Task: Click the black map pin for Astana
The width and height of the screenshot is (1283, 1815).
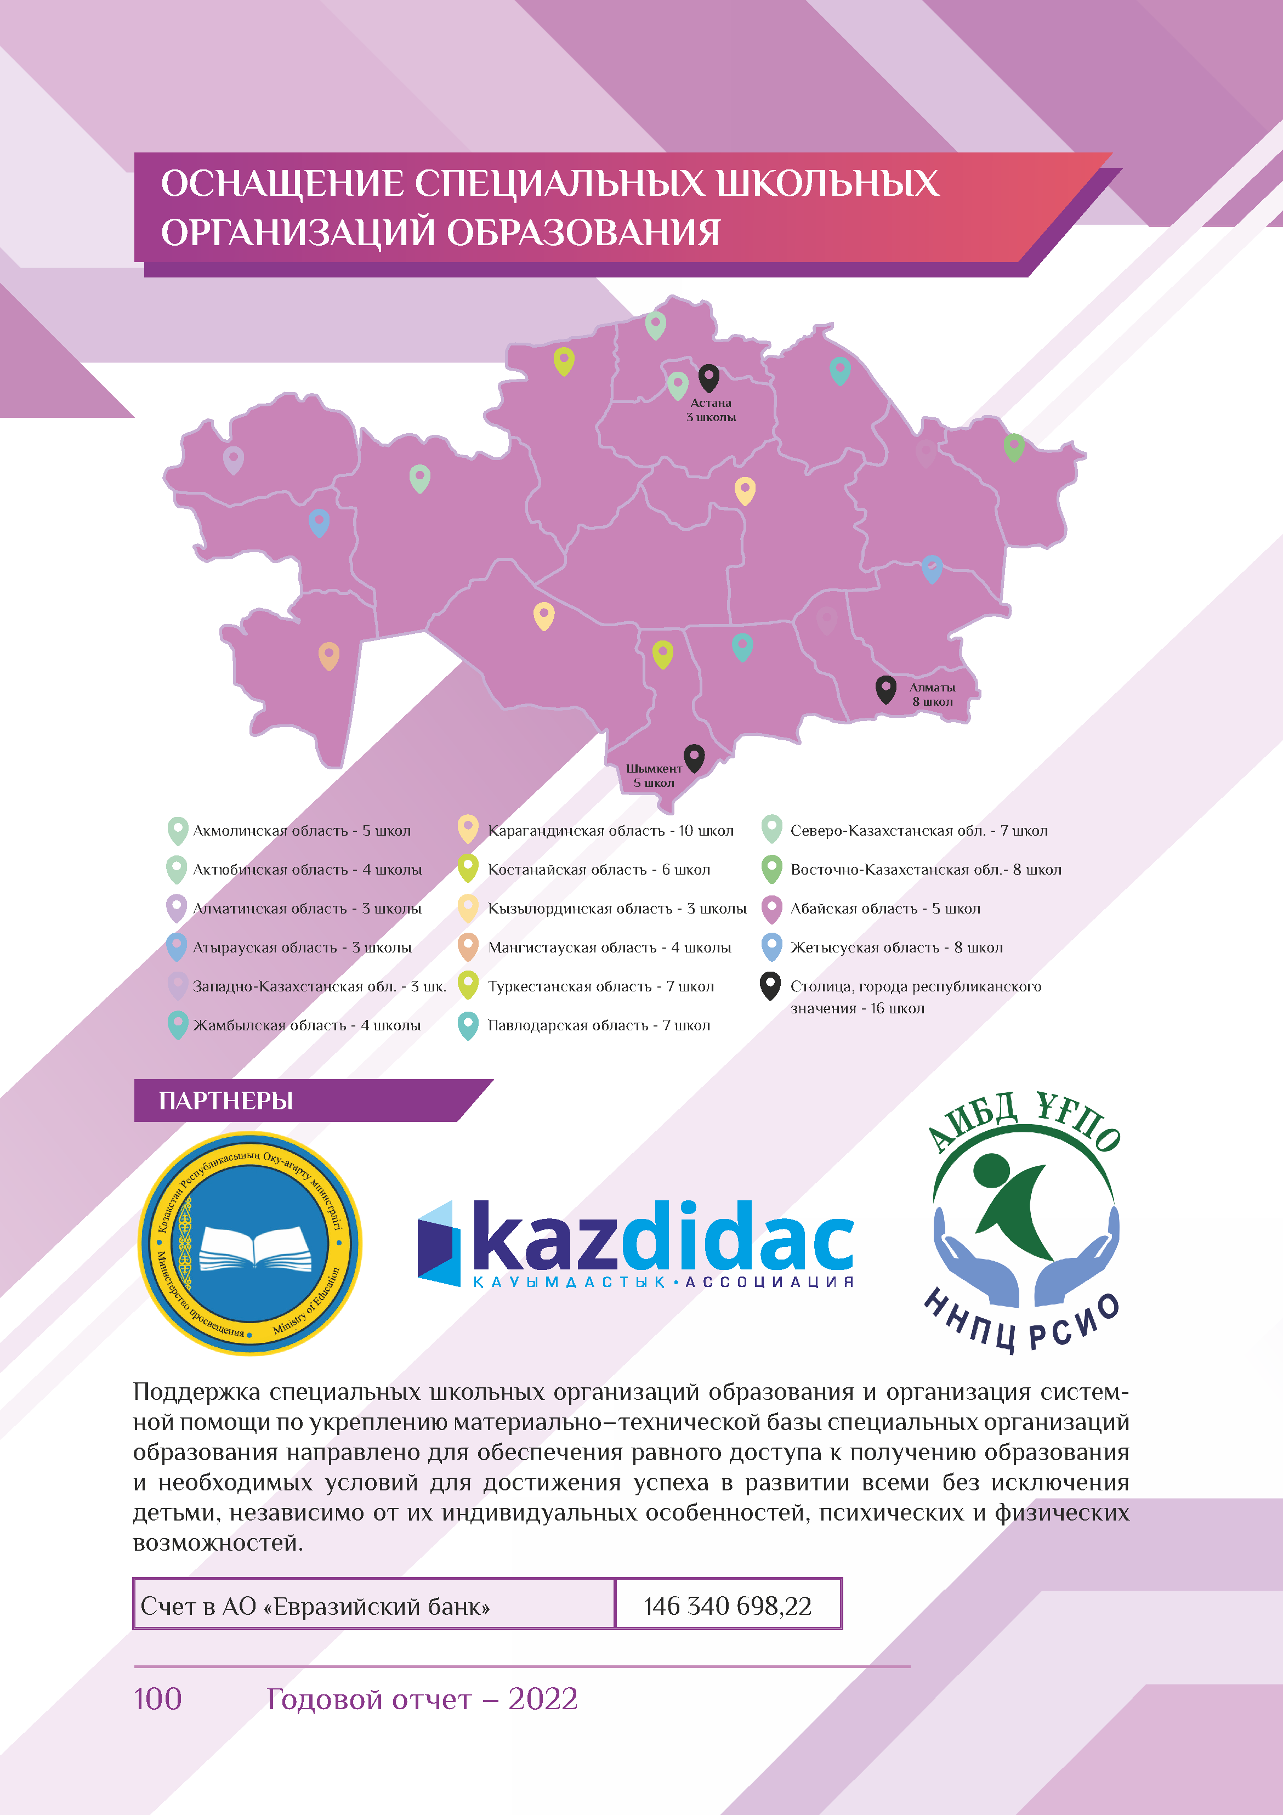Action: click(x=708, y=377)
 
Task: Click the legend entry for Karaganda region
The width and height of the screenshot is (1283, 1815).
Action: click(x=610, y=831)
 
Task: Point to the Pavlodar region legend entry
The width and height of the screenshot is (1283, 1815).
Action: click(x=598, y=1025)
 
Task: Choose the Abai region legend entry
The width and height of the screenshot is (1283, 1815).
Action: click(x=884, y=908)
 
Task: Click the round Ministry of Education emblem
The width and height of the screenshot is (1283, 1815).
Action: click(x=250, y=1244)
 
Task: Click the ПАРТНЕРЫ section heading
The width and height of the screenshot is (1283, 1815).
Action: click(x=226, y=1101)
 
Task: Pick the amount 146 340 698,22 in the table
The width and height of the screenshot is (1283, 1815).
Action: click(x=727, y=1606)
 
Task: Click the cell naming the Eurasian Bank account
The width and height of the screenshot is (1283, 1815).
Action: click(x=315, y=1606)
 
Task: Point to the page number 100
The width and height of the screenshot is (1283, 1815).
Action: click(x=157, y=1698)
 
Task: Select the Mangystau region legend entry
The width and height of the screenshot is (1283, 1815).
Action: click(x=609, y=947)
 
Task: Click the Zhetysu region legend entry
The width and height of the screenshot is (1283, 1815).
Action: click(x=896, y=947)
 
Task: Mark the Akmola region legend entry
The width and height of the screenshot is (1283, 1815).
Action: click(x=301, y=831)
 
